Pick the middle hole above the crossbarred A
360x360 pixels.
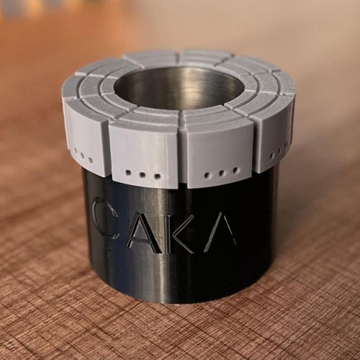143,174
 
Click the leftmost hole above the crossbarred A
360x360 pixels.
128,172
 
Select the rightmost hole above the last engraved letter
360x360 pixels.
235,170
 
